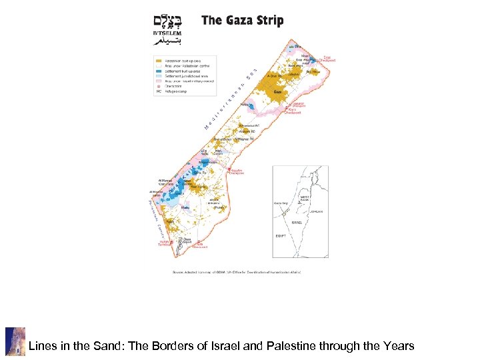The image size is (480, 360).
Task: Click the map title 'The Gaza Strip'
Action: click(242, 21)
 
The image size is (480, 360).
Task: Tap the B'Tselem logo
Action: click(167, 30)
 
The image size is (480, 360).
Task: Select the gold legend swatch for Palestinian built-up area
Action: click(158, 59)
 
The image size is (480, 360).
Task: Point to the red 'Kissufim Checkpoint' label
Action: click(237, 171)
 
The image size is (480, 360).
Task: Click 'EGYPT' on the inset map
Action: click(281, 236)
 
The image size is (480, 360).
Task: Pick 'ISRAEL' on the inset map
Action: click(297, 222)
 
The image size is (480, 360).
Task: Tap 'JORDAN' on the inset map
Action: click(316, 211)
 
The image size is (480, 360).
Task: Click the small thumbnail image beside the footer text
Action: click(15, 341)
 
